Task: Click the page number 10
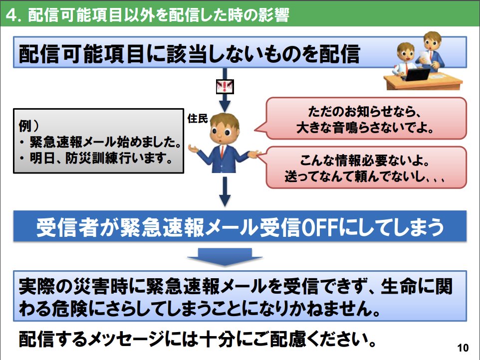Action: click(x=463, y=348)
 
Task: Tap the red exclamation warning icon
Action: click(x=225, y=87)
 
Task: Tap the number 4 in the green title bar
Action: click(x=11, y=15)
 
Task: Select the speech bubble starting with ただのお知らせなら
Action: click(x=366, y=118)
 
